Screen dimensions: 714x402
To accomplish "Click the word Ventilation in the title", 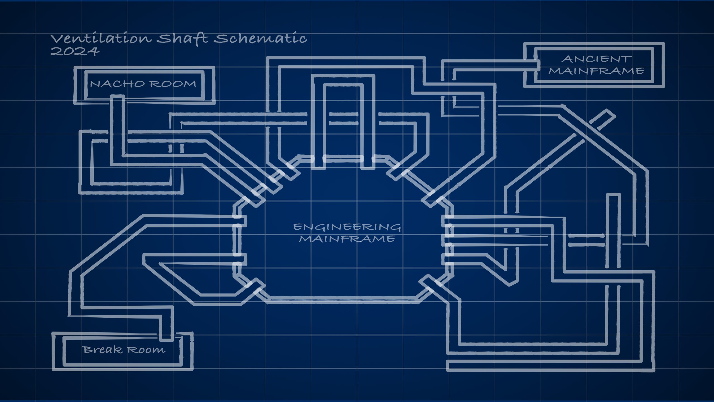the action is coord(101,38).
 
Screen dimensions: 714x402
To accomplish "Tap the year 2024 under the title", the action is coord(75,51).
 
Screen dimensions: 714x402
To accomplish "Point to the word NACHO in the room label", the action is coord(117,84).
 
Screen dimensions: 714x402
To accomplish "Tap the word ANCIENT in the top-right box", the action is coord(596,59).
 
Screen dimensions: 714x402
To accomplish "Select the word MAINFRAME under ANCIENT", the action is coord(596,71).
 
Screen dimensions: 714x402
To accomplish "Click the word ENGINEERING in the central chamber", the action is coord(347,227).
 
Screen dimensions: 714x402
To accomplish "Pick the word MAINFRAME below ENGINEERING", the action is coord(347,239).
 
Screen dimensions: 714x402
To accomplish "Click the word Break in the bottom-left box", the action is coord(102,350).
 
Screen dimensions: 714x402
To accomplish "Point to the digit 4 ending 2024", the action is coord(94,51).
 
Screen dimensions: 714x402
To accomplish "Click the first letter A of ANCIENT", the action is coord(567,59).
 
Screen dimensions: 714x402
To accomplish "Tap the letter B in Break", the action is coord(87,350).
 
